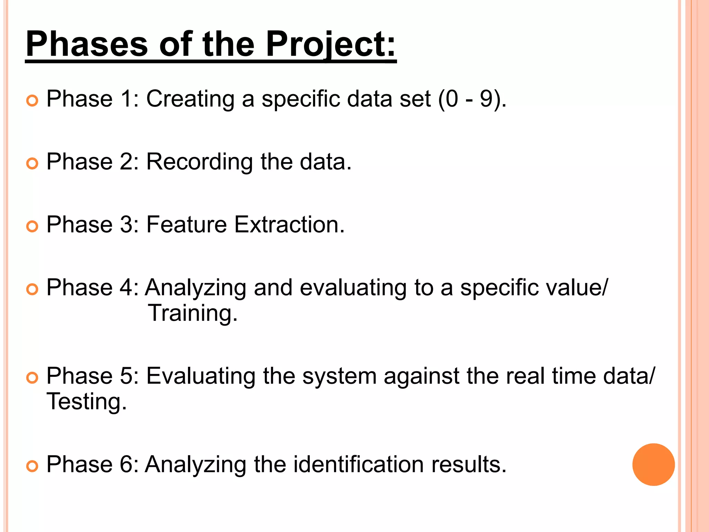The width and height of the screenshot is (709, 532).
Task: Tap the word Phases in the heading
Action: (87, 44)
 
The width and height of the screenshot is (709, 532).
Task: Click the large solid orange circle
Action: (653, 464)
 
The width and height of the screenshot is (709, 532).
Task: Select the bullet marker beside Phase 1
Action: (32, 101)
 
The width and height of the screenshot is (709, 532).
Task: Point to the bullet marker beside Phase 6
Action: (32, 466)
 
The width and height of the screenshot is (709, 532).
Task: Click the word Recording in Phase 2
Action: (199, 162)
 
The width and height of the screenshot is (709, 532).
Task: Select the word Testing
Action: (87, 402)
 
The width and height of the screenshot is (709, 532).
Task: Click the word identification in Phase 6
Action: (359, 464)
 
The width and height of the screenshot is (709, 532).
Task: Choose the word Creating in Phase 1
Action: (190, 99)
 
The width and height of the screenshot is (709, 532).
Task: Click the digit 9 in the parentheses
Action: (486, 99)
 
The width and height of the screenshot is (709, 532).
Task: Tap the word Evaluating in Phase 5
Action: (200, 376)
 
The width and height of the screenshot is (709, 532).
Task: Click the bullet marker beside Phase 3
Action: (32, 227)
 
